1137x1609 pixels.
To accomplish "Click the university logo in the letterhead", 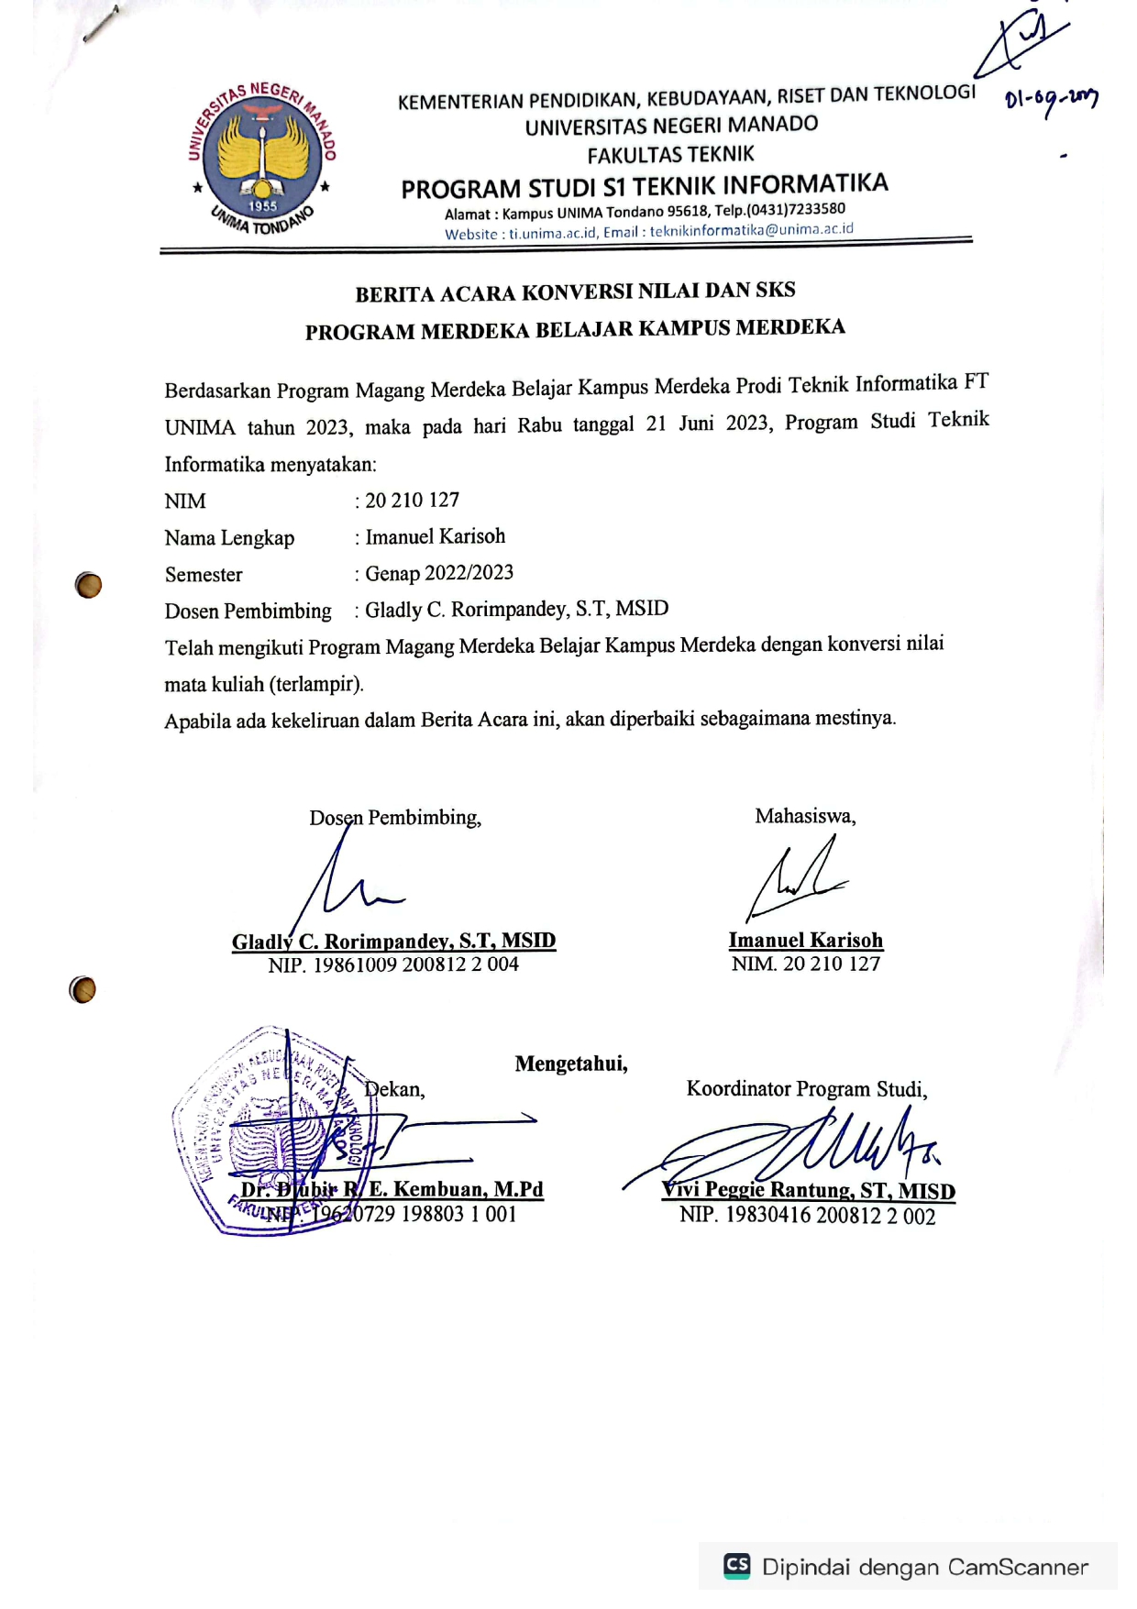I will click(x=262, y=159).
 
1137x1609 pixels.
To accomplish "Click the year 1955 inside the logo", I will click(x=262, y=206).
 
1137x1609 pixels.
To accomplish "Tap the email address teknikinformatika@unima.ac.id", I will click(x=751, y=230).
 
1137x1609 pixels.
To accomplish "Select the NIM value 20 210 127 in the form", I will click(x=413, y=501).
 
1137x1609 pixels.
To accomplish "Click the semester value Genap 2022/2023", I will click(x=439, y=574).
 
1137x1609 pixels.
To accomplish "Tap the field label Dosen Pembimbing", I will click(x=248, y=612).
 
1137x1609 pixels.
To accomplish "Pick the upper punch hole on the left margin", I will click(x=88, y=585).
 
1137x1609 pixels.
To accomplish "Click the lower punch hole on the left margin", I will click(x=83, y=989).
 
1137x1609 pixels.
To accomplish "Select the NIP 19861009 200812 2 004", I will click(x=415, y=964).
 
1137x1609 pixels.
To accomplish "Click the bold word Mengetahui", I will click(x=570, y=1063).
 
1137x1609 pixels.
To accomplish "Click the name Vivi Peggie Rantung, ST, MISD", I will click(x=808, y=1191).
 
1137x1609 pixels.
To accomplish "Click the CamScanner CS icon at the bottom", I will click(x=737, y=1565).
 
